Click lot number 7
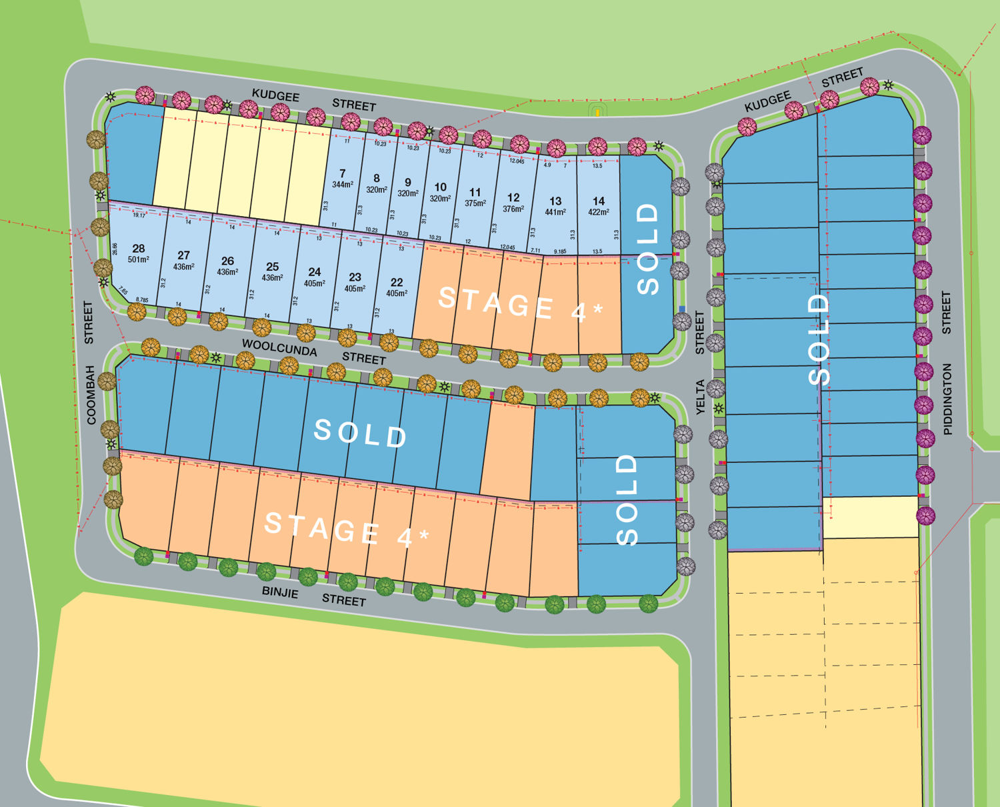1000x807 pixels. tap(342, 173)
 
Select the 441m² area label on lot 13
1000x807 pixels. tap(555, 212)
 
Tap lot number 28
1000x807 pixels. tap(139, 248)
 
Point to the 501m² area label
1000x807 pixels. tap(139, 259)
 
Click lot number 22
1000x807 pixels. tap(397, 282)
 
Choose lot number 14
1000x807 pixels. tap(599, 201)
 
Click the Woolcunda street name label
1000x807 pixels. tap(279, 347)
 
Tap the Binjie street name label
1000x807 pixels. tap(280, 592)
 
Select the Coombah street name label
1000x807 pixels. tap(91, 394)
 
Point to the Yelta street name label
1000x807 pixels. tap(700, 397)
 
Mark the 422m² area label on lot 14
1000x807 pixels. tap(599, 212)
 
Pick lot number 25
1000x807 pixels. tap(272, 267)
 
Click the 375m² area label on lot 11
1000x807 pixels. tap(475, 203)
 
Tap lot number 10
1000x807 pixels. tap(440, 187)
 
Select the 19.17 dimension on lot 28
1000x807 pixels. tap(139, 215)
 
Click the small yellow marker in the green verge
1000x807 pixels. tap(597, 112)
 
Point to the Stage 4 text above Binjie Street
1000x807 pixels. tap(347, 529)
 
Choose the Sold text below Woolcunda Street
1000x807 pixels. tap(360, 434)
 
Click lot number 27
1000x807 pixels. tap(183, 255)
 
